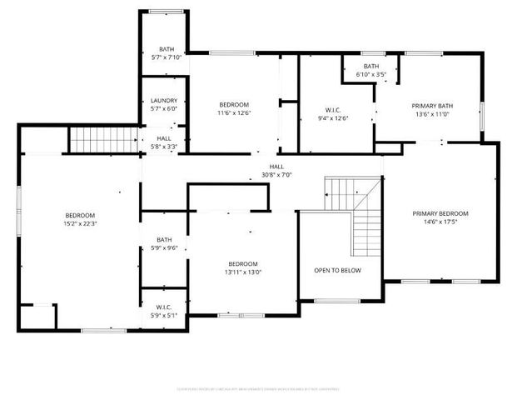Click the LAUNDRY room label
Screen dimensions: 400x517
tap(164, 101)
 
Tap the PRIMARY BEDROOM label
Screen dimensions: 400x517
tap(440, 213)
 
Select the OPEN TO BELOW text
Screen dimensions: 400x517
tap(337, 271)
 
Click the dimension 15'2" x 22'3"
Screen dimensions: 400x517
tap(81, 222)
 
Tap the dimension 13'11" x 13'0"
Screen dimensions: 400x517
tap(243, 272)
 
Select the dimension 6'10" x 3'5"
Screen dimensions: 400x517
tap(370, 74)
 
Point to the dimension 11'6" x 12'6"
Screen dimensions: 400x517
tap(234, 112)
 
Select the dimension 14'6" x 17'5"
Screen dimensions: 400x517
tap(440, 222)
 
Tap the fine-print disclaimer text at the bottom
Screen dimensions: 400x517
tap(258, 387)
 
